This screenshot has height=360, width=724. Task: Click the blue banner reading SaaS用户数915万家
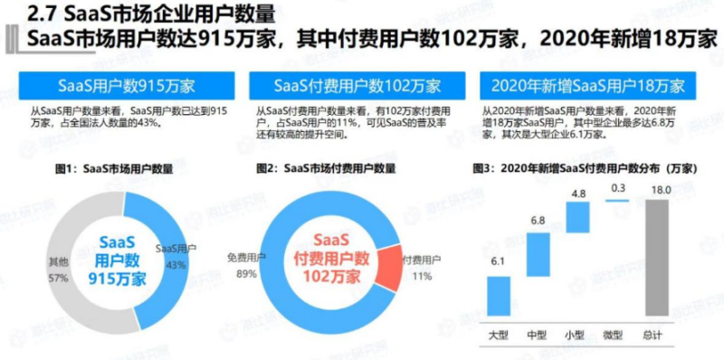coord(126,86)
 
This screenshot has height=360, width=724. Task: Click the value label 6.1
coord(499,262)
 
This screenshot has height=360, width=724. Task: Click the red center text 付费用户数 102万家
coord(325,261)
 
